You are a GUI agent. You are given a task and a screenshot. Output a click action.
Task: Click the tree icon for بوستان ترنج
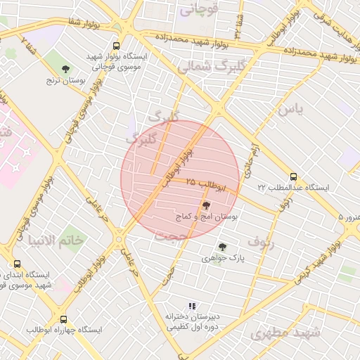(65, 69)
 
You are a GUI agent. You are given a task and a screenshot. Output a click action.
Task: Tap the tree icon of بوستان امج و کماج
(206, 206)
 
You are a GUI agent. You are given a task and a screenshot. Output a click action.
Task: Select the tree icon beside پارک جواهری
(223, 247)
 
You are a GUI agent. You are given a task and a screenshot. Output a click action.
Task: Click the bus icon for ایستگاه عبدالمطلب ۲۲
(293, 177)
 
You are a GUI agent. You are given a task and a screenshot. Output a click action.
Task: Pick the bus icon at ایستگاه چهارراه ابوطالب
(64, 319)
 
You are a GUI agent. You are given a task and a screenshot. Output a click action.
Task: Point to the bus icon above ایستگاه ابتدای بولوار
(17, 264)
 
